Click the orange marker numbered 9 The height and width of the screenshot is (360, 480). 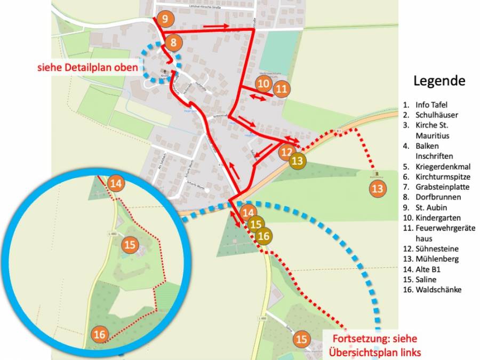(165, 20)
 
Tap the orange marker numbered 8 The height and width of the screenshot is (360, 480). (173, 42)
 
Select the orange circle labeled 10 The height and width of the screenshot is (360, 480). (263, 84)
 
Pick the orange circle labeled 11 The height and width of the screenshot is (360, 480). (282, 89)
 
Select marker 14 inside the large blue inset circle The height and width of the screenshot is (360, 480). (115, 184)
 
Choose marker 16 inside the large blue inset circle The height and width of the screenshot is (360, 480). (99, 334)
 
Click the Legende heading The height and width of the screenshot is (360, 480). (439, 81)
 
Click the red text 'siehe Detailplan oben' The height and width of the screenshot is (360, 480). (87, 68)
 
